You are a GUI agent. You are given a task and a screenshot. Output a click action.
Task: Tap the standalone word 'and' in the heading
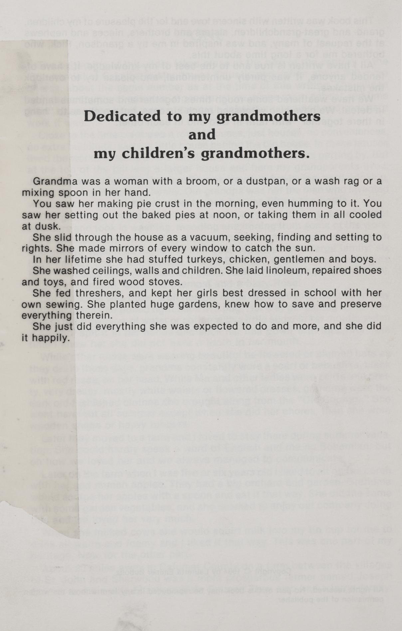[202, 135]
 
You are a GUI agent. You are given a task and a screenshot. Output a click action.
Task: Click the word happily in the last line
[51, 338]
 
